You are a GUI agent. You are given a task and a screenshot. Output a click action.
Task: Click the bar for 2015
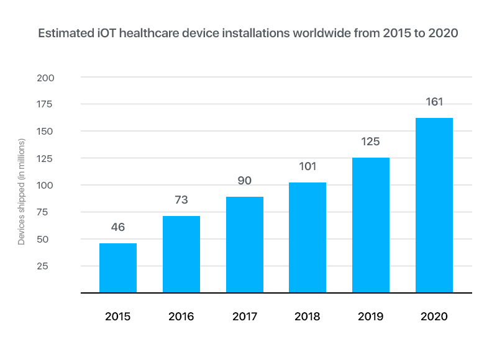tap(118, 268)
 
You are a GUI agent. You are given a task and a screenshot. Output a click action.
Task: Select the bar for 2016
tap(181, 254)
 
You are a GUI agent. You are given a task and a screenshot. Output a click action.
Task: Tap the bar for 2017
tap(245, 245)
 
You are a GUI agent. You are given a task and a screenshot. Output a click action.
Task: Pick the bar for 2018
tap(308, 237)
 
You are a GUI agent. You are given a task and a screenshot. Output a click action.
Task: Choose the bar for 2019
tap(371, 225)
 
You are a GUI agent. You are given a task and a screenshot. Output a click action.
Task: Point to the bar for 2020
tap(434, 205)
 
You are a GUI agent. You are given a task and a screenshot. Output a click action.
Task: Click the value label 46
tap(118, 227)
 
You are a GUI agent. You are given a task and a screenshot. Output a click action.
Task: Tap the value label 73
tap(181, 200)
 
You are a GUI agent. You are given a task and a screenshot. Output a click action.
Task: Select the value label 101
tap(308, 166)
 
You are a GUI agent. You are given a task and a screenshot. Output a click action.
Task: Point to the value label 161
tap(434, 102)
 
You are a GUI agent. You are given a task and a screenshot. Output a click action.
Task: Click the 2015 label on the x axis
tap(118, 317)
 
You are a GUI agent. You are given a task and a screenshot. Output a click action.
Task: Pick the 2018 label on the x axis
tap(308, 317)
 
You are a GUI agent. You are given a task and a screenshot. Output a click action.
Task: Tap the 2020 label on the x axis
tap(434, 317)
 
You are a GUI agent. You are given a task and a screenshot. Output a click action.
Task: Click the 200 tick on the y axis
tap(63, 78)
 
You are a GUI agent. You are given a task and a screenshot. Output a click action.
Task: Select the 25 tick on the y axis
tap(66, 266)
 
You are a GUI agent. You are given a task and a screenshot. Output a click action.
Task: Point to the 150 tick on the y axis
tap(63, 132)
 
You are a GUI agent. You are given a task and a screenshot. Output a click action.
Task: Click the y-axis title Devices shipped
tap(22, 192)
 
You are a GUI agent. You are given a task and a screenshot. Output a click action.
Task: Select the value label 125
tap(371, 142)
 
